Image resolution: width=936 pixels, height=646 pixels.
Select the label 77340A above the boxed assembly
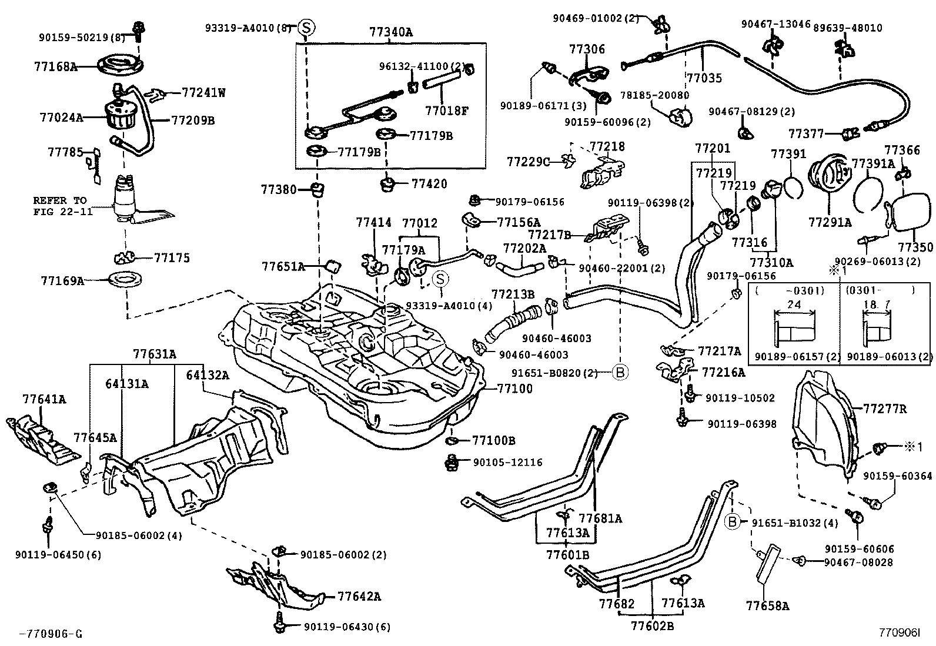[391, 32]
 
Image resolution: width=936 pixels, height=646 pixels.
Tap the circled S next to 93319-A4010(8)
[306, 27]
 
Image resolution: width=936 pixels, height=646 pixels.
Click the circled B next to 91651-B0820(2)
[621, 372]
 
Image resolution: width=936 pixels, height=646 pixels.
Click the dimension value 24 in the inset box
[793, 304]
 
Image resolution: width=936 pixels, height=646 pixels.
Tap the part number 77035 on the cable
[704, 78]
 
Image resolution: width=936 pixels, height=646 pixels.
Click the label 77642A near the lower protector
[359, 597]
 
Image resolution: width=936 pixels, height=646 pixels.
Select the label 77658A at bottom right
[767, 605]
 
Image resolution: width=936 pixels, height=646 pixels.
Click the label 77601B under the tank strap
[567, 554]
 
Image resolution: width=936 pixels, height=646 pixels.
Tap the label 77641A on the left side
[44, 400]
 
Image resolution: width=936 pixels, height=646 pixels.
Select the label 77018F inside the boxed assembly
[447, 109]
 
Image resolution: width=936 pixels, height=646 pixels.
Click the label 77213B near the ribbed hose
[513, 293]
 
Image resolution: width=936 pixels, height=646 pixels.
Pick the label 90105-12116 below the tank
[507, 463]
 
